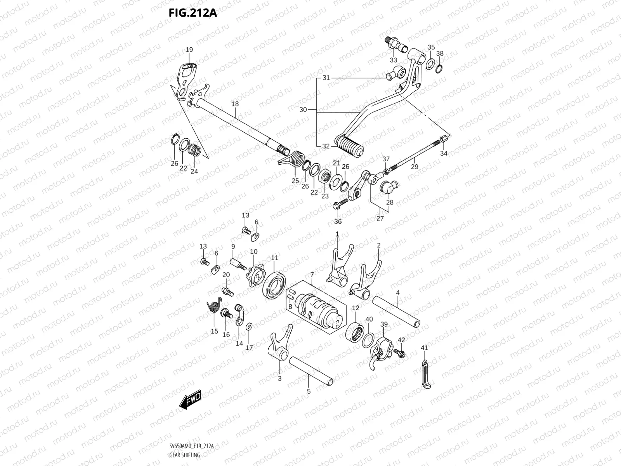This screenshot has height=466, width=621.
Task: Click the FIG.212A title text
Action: (193, 13)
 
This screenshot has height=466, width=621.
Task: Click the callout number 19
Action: (189, 50)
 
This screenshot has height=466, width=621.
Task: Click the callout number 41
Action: (424, 348)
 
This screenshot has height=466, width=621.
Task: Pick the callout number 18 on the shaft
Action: (235, 104)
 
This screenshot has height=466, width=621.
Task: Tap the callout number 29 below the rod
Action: (415, 167)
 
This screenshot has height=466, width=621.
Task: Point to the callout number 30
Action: (303, 110)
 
